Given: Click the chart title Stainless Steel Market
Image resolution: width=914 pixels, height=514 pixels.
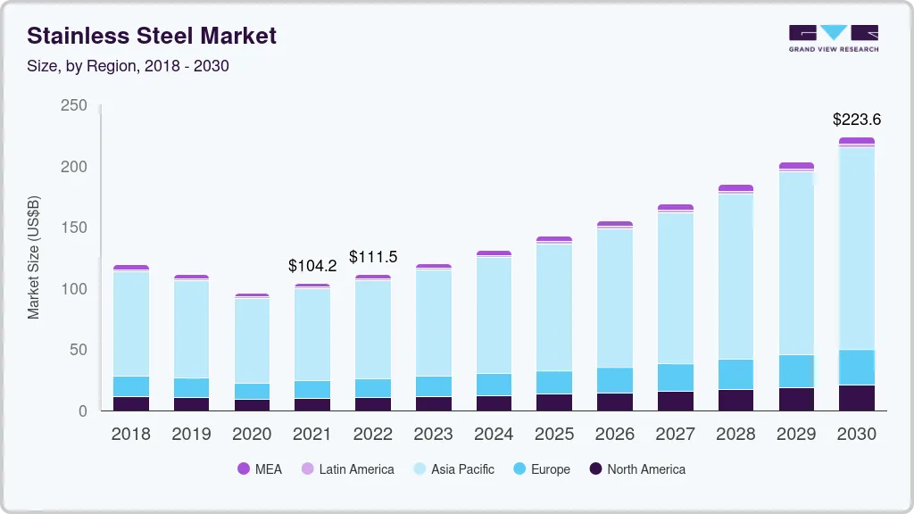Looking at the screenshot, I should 152,36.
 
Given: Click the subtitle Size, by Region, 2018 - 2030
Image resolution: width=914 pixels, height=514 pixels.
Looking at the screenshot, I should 128,66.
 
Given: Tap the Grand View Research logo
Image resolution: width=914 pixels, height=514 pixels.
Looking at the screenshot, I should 833,37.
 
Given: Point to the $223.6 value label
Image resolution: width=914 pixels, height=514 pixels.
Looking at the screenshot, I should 856,119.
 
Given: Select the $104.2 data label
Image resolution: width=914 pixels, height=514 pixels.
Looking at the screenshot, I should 312,265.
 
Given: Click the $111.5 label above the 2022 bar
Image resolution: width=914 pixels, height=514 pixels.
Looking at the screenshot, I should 372,257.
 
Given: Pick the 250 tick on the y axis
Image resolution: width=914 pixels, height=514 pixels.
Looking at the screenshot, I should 73,106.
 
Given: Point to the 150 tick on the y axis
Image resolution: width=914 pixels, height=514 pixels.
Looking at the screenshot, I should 73,228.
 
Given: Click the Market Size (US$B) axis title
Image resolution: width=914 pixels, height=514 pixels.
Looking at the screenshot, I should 34,256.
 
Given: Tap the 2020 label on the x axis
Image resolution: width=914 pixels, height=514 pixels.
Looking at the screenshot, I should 252,435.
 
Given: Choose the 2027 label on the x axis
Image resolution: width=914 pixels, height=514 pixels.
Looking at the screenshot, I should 675,435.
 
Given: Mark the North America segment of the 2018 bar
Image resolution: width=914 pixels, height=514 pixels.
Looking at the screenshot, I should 130,403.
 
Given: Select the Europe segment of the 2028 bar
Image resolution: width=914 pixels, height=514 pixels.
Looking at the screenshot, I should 735,374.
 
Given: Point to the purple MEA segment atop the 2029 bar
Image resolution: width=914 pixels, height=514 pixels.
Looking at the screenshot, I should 796,166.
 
